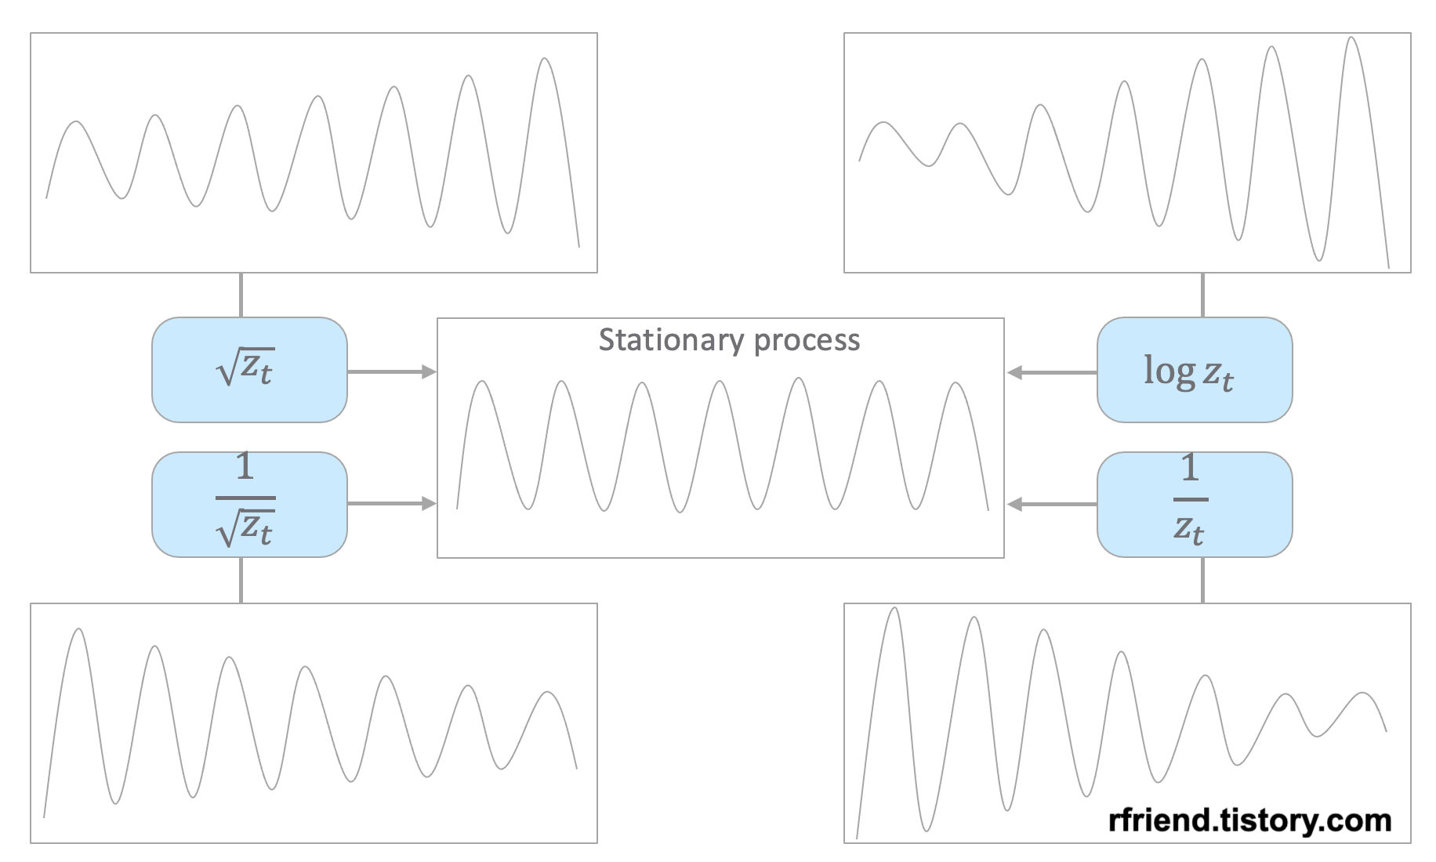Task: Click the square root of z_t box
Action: (x=249, y=370)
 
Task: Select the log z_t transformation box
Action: (x=1194, y=370)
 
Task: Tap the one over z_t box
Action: (x=1194, y=505)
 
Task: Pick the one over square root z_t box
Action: (x=249, y=505)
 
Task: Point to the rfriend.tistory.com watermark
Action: (x=1249, y=820)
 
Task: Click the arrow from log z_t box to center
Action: (x=1052, y=372)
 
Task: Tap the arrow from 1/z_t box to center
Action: (x=1052, y=504)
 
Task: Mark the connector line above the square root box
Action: (x=241, y=295)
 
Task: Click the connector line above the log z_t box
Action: (x=1202, y=295)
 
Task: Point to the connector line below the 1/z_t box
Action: (x=1202, y=580)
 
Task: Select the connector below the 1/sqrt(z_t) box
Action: (x=241, y=580)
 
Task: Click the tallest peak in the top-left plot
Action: (x=545, y=60)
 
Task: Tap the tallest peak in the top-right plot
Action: (x=1351, y=38)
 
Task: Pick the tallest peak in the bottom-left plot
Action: (x=78, y=630)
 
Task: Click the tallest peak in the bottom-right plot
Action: (x=894, y=609)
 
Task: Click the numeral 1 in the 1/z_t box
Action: (x=1190, y=468)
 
